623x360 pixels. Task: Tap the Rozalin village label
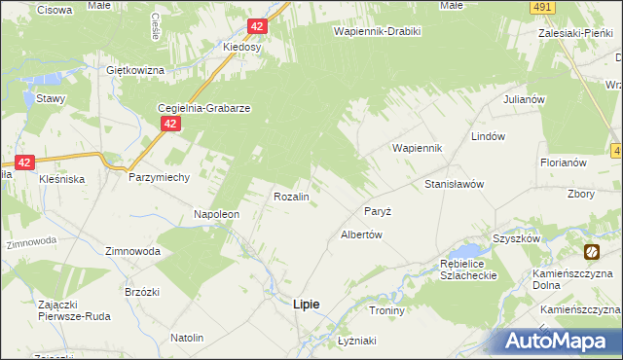point(291,197)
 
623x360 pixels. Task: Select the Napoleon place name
point(215,214)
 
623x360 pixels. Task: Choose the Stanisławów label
point(454,183)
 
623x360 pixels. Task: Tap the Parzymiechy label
point(159,178)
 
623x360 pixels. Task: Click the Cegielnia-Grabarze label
point(205,109)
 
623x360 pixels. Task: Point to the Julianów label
point(522,100)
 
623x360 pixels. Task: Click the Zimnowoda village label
point(132,250)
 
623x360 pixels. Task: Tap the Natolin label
point(187,338)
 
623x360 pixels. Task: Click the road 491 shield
point(544,7)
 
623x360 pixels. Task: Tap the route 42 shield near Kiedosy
point(256,27)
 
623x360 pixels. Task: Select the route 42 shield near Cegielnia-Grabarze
point(170,124)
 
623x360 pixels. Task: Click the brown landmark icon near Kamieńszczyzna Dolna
point(591,253)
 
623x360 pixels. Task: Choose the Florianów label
point(563,162)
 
